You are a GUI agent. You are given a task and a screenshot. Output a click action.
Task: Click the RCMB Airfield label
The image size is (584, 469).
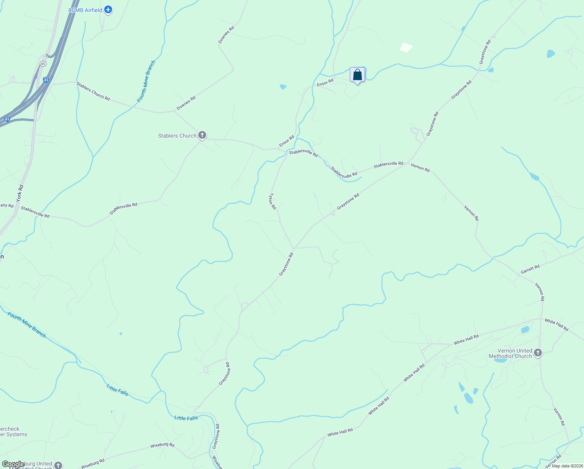point(85,10)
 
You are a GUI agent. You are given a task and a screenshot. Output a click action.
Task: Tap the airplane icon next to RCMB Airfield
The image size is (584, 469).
point(108,10)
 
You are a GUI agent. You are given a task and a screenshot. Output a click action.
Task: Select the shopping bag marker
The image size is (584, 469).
point(357,75)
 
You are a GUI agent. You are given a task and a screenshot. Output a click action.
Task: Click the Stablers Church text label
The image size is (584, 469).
point(177,136)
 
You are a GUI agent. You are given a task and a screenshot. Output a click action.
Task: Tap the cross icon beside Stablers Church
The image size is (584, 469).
point(202,135)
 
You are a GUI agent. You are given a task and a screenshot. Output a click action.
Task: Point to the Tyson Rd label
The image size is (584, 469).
point(272,201)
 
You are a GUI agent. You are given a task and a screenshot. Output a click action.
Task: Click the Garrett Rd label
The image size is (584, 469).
point(530,269)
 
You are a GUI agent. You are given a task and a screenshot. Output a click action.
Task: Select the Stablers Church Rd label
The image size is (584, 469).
point(93,91)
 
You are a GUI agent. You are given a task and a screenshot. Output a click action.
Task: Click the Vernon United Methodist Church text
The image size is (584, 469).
point(510,353)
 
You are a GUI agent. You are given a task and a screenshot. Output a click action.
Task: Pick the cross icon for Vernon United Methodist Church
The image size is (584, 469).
point(538,353)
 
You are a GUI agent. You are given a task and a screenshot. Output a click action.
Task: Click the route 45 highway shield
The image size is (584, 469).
point(43,63)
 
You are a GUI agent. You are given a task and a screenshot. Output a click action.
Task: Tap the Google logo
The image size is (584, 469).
point(13,464)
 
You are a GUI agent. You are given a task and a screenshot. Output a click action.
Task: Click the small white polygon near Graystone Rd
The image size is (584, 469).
point(406,47)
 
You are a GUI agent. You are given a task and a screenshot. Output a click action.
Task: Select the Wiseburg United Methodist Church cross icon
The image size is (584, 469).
point(58,465)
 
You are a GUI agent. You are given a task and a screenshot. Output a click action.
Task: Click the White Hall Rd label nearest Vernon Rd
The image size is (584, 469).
point(556,325)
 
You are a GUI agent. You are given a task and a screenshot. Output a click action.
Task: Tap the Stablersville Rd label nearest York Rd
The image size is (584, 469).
point(35,212)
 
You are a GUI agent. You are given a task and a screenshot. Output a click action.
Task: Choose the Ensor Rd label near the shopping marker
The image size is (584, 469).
point(325,82)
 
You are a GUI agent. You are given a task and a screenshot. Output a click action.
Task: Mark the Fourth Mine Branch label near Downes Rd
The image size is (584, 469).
point(146,81)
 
